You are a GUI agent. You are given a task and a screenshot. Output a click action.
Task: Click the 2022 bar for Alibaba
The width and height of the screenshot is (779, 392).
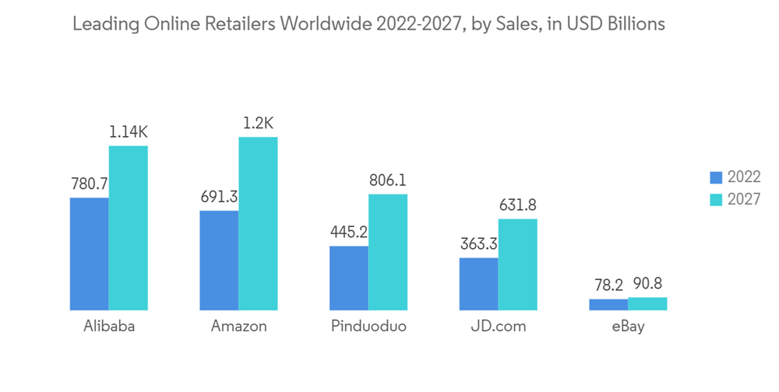89,254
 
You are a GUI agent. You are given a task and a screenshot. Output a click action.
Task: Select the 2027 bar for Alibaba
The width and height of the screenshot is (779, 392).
128,228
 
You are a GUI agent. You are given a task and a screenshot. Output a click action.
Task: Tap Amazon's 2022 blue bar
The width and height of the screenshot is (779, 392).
219,261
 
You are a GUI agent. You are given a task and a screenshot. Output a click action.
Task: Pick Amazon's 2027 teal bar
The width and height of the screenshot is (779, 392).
258,224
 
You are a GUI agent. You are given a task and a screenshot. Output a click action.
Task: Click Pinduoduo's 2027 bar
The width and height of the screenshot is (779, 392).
388,252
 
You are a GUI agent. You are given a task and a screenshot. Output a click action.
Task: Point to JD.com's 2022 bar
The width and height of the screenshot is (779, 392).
478,284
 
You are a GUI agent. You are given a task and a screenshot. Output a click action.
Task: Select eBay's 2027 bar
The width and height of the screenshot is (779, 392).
647,304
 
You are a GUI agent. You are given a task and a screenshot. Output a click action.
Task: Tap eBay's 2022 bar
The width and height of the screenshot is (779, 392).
608,305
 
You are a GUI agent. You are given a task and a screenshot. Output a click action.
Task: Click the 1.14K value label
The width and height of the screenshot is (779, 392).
128,132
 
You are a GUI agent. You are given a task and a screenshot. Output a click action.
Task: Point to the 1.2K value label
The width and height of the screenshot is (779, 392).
258,124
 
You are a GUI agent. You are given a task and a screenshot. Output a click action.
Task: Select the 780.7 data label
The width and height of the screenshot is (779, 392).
89,184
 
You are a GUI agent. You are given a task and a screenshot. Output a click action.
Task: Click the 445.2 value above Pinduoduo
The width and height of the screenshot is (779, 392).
348,233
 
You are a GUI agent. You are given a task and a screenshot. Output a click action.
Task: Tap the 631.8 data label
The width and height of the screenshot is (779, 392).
517,205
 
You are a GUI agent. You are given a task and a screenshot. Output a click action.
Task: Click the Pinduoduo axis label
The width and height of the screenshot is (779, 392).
368,327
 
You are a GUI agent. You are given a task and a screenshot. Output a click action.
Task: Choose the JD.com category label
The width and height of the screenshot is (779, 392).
498,327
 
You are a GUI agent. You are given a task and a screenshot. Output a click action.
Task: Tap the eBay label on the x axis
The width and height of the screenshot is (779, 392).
628,327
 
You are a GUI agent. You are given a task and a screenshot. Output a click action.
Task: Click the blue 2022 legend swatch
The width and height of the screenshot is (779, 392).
716,177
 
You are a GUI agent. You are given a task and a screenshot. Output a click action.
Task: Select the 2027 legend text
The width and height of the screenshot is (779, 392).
744,198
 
